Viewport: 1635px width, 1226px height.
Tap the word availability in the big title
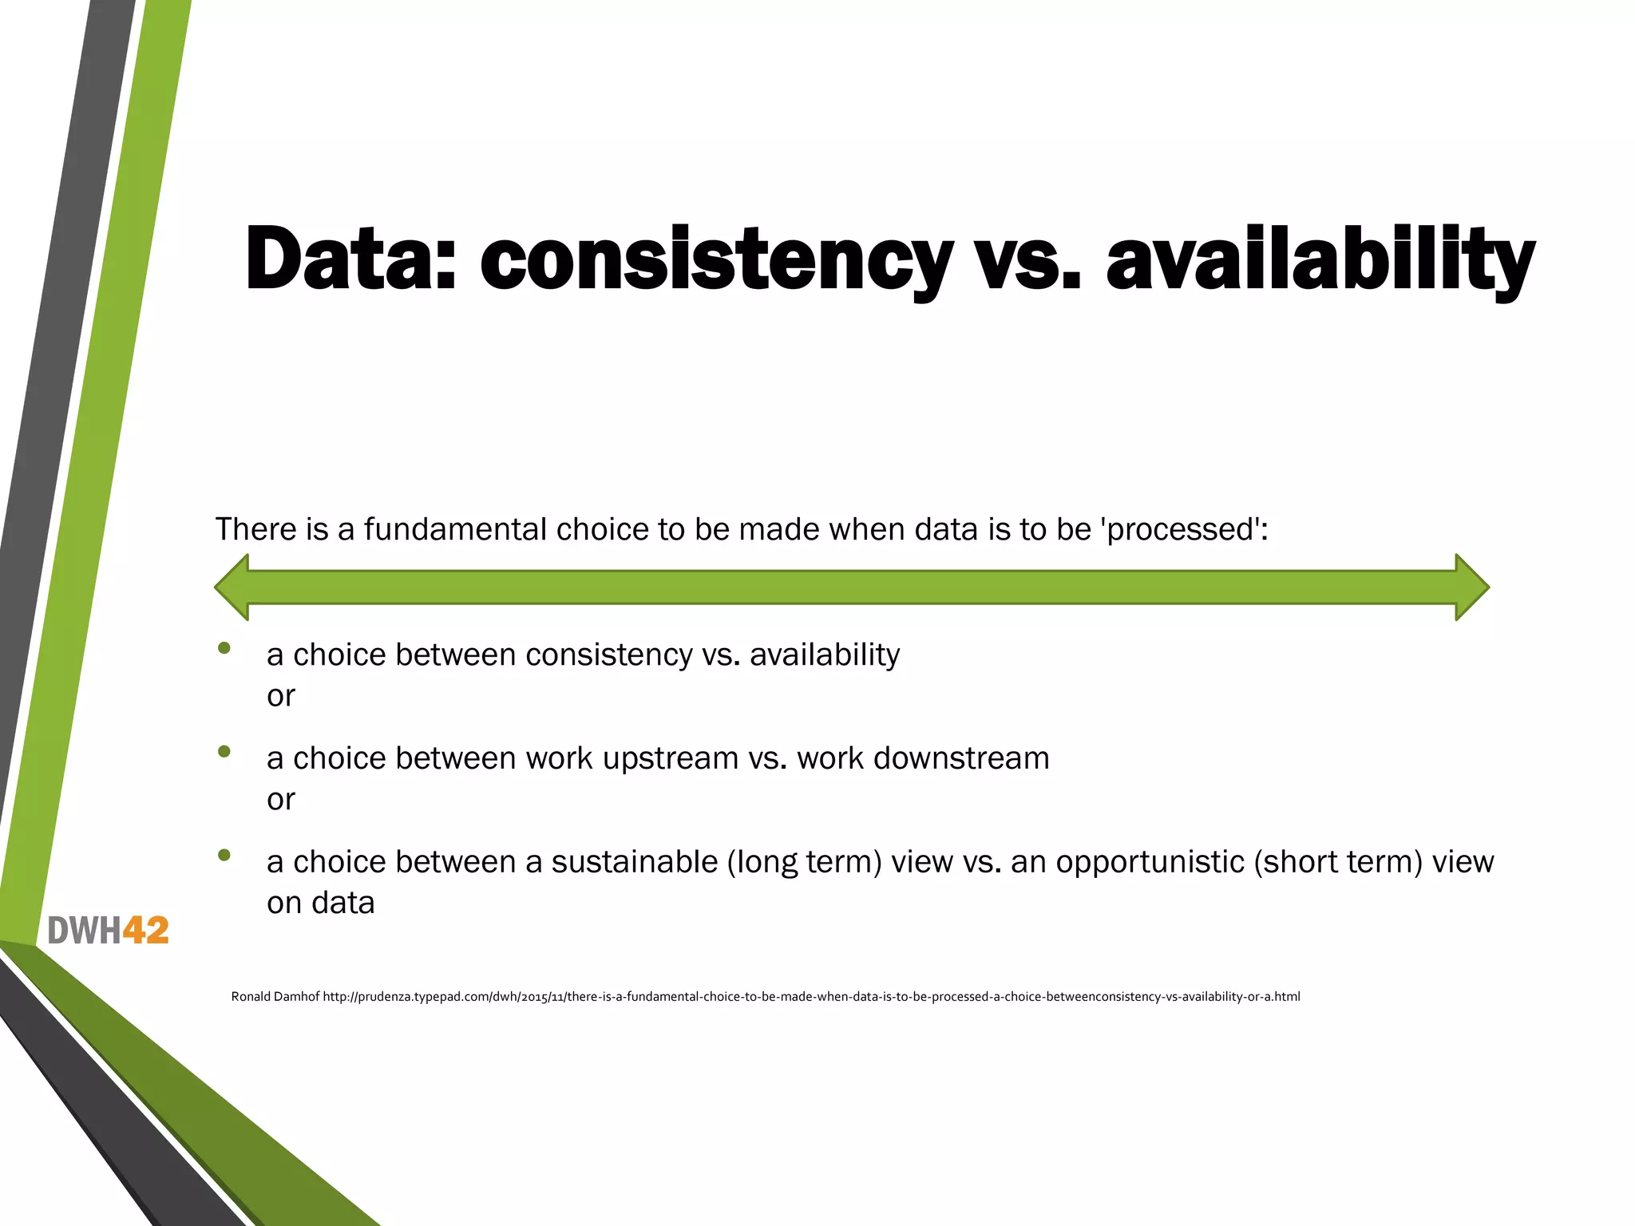[1320, 259]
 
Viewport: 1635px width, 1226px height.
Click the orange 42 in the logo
[145, 931]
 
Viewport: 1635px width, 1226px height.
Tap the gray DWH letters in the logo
[84, 931]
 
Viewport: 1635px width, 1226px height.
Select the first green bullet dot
[224, 648]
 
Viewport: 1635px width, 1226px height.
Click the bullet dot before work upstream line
[224, 751]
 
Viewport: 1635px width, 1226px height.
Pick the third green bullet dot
[224, 855]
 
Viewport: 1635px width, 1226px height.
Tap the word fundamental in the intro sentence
[456, 529]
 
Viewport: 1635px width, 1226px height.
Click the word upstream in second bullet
[671, 758]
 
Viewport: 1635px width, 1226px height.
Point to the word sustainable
[635, 862]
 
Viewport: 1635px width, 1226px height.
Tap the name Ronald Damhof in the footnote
[275, 996]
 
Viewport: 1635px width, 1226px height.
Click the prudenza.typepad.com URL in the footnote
[811, 996]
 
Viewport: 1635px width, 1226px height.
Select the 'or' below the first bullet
[281, 696]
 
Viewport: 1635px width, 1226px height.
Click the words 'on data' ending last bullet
[321, 903]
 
